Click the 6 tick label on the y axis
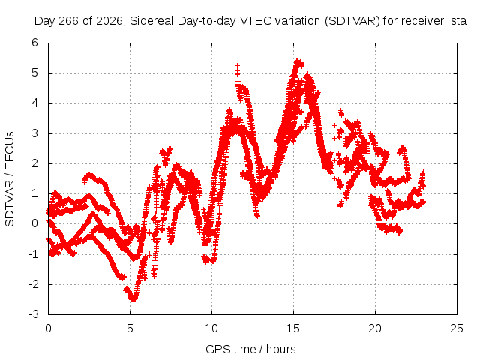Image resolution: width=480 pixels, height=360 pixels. (35, 43)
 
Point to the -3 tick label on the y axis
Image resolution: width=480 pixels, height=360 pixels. (34, 314)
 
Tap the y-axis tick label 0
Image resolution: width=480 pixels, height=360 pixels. (35, 223)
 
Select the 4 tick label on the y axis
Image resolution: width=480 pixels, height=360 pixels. (35, 103)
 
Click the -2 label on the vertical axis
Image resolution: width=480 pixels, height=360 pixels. (34, 284)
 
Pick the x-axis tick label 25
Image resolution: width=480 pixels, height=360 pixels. (457, 328)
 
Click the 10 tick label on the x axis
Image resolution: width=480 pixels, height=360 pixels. (211, 328)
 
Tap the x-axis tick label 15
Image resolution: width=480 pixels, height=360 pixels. (293, 328)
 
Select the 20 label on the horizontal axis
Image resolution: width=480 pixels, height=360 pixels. (375, 328)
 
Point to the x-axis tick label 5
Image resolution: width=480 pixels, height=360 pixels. (130, 328)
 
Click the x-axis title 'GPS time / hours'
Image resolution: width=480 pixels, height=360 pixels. (250, 349)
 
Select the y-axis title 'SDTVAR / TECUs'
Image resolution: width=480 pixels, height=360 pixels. (10, 179)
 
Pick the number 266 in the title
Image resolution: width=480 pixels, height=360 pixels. (68, 21)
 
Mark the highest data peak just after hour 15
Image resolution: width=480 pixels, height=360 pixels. (298, 61)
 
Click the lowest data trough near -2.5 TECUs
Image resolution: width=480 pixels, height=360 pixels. (133, 299)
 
